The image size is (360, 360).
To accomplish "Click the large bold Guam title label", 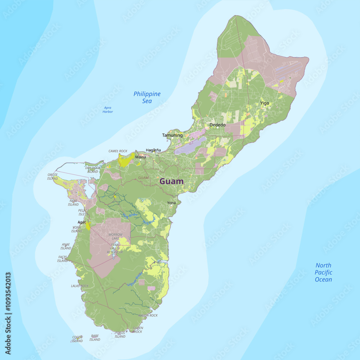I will pos(171,181).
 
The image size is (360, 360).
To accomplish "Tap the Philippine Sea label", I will pos(147,98).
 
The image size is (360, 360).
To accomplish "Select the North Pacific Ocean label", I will pos(323,272).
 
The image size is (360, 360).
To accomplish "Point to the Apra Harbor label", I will pos(108,110).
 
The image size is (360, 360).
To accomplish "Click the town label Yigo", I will pos(265,103).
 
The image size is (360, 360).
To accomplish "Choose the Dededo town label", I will pos(217,125).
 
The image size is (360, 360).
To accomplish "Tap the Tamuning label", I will pos(172,135).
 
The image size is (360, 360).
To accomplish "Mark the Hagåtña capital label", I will pos(153,150).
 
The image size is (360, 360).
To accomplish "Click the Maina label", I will pos(140,157).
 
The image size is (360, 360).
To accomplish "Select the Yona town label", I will pos(171,203).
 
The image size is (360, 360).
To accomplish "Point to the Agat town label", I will pos(82,222).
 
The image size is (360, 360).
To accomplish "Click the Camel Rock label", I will pos(118,151).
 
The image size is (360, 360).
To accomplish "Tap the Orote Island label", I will pos(53,176).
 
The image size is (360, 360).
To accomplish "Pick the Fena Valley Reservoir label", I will pos(115,248).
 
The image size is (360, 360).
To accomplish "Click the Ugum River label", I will pos(135,279).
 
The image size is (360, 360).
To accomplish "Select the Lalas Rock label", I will pos(80,286).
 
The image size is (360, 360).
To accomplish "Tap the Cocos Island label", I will pos(77,339).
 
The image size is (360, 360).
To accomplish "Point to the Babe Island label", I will pos(95,338).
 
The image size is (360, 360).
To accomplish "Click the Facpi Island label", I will pos(63,259).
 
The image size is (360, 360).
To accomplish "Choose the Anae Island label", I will pos(66,246).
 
